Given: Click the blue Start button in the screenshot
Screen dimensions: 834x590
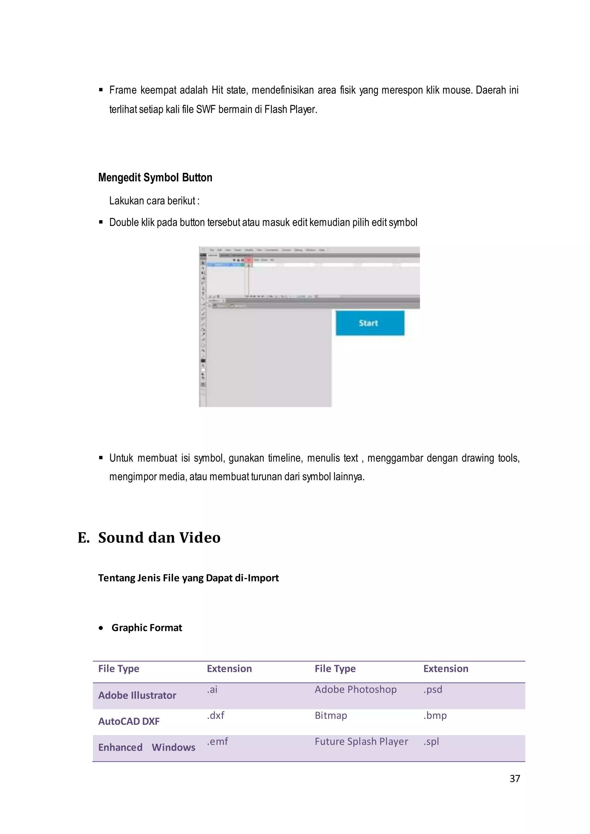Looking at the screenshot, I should click(x=370, y=323).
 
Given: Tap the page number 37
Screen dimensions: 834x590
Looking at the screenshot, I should click(x=515, y=778).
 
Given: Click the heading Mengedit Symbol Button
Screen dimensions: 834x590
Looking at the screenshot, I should click(x=155, y=177).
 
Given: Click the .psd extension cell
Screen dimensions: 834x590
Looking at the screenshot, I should click(x=433, y=689).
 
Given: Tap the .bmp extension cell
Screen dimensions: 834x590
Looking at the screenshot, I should click(x=435, y=716).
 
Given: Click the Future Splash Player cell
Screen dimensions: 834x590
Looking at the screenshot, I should click(x=361, y=741).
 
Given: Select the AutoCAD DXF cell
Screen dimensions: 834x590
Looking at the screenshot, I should click(x=129, y=721).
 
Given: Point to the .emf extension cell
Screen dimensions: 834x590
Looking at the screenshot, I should click(x=217, y=741).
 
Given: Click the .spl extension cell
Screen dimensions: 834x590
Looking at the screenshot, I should click(x=431, y=741).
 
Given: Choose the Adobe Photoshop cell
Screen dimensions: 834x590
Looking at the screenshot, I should click(x=355, y=689).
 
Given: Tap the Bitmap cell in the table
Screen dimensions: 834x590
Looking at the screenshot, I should click(x=331, y=716).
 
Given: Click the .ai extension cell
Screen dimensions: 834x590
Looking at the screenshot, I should click(x=212, y=689).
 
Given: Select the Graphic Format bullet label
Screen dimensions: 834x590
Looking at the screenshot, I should click(x=147, y=628).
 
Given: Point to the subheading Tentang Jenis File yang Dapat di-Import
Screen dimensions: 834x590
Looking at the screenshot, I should click(x=188, y=578).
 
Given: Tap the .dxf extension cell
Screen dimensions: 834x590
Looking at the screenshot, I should click(x=215, y=716).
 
